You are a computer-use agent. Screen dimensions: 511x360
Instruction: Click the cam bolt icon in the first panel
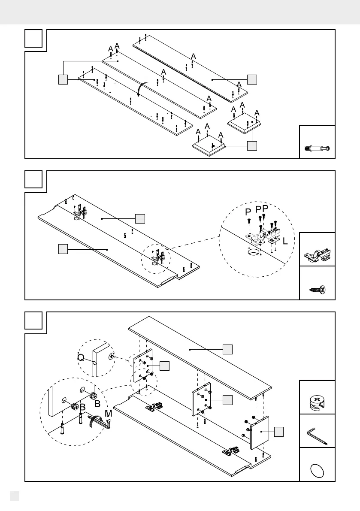tap(317, 149)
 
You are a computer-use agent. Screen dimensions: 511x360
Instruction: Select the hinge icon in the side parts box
tap(317, 256)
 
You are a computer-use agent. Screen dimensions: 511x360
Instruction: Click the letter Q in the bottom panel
tap(81, 357)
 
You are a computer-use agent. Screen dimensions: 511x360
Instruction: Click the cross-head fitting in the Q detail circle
tap(112, 356)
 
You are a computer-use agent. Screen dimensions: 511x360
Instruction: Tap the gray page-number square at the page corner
tap(14, 496)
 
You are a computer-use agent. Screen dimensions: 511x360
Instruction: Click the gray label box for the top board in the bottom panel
tap(228, 349)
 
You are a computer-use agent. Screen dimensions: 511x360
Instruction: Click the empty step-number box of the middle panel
tap(33, 179)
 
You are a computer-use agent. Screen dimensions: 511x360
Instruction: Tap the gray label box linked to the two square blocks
tap(252, 146)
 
